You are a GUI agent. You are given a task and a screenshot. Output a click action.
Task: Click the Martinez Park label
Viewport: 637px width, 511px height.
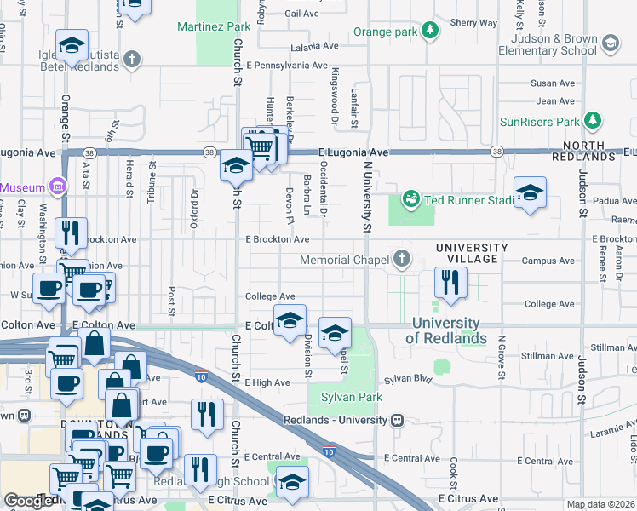coord(214,27)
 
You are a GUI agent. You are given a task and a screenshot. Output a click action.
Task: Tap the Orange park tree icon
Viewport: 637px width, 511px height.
coord(432,32)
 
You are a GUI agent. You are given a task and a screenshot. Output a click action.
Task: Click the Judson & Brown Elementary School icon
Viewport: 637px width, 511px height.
coord(611,42)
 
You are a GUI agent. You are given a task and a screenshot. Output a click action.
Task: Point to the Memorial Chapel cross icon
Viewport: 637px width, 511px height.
coord(400,259)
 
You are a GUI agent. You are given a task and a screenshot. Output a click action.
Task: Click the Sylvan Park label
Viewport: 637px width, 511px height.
coord(351,397)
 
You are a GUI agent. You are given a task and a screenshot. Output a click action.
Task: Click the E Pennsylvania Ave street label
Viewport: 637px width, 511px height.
coord(286,65)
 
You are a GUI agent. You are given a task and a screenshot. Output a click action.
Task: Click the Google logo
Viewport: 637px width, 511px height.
coord(28,501)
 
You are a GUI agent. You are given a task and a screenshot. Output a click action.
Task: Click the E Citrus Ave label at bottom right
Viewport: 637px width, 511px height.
coord(468,497)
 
